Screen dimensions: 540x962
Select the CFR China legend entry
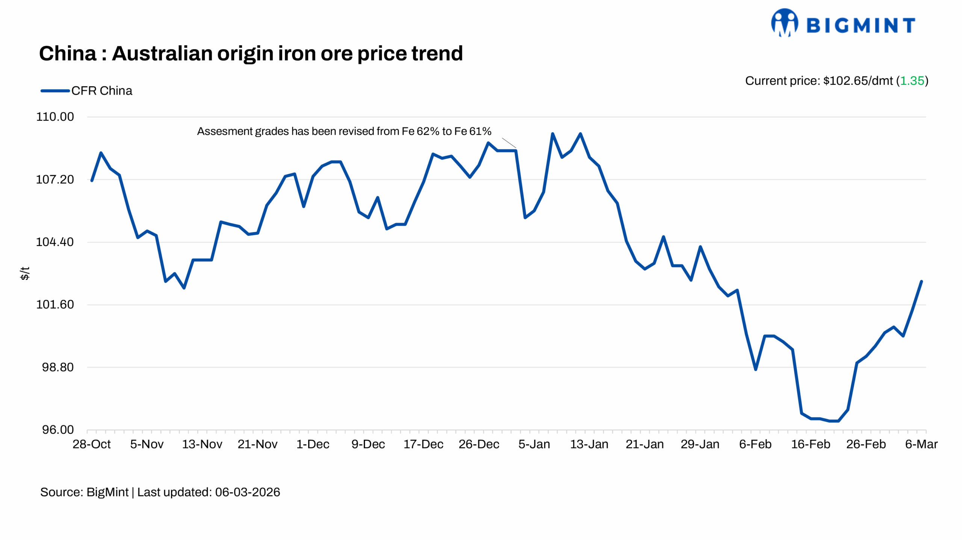(86, 91)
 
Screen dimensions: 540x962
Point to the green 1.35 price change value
(912, 81)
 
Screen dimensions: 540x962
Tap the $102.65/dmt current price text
(858, 81)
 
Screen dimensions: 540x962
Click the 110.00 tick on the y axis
(55, 117)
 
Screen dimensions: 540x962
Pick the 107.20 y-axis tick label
(55, 179)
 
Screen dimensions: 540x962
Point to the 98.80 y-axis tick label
(57, 367)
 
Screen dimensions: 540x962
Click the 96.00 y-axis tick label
(57, 430)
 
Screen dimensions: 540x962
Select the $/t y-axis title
(25, 273)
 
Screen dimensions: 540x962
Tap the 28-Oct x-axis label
(91, 444)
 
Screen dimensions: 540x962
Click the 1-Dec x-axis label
(313, 444)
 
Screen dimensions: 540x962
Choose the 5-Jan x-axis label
(534, 444)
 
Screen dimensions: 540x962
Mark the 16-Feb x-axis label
(811, 444)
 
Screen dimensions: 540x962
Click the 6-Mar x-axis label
(921, 444)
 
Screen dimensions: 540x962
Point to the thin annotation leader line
(509, 143)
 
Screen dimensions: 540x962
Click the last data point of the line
(921, 281)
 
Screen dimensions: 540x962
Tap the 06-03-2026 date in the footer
(247, 492)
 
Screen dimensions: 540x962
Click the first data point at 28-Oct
(92, 181)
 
